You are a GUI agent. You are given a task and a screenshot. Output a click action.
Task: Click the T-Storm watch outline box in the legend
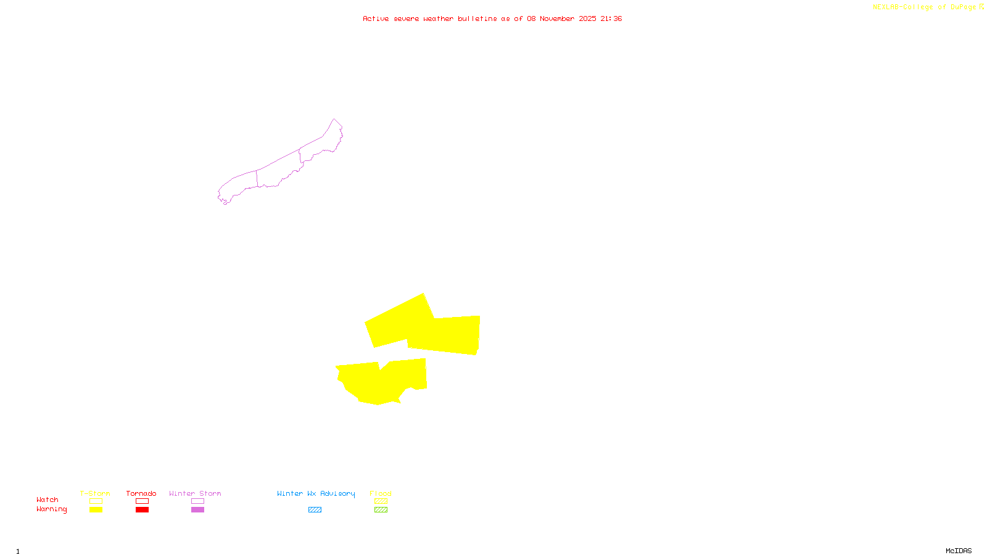tap(96, 501)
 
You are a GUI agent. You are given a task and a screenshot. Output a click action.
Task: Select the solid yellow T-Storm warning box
tap(96, 510)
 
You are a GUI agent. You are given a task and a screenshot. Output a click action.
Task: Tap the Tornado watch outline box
tap(142, 501)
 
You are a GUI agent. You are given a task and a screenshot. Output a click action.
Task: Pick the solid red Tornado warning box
tap(142, 510)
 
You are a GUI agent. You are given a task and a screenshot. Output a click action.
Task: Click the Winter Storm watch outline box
tap(197, 501)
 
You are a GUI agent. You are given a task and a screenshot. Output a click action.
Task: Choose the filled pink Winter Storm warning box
tap(197, 510)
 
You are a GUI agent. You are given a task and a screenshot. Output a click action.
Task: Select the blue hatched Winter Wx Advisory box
tap(315, 510)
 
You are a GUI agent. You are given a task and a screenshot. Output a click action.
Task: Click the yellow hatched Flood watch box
tap(381, 501)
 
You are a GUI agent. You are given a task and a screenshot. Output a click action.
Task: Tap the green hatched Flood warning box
tap(381, 510)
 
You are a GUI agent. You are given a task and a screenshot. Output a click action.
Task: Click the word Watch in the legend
tap(47, 500)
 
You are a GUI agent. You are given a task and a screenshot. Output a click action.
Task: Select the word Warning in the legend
tap(51, 509)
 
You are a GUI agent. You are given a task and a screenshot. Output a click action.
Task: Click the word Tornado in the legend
tap(141, 493)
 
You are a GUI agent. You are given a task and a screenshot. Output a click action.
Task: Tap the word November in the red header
tap(557, 18)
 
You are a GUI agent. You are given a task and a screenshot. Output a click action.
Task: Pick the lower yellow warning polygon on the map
tap(382, 382)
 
